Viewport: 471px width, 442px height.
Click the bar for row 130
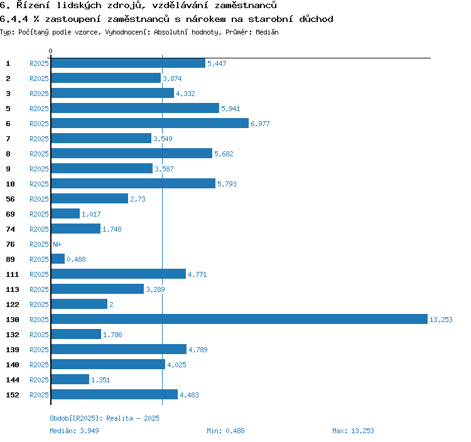[x=239, y=319]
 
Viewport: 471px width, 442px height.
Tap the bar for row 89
[x=58, y=259]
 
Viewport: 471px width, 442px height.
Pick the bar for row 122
[x=79, y=304]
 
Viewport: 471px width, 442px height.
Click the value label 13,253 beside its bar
[x=441, y=320]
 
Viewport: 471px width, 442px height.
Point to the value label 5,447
[x=216, y=63]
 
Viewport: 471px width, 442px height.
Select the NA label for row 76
[x=57, y=244]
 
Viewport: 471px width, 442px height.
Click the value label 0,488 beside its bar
[x=76, y=259]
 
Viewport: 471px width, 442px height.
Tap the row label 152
[x=13, y=395]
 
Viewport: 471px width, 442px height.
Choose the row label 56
[x=10, y=199]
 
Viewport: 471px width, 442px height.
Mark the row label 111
[x=13, y=274]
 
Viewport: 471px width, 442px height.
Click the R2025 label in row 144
[x=39, y=380]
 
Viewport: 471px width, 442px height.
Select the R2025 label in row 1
[x=39, y=63]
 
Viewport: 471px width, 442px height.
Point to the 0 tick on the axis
[x=51, y=51]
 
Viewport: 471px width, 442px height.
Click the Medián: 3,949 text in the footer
[x=74, y=431]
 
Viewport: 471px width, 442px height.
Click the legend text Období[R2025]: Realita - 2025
[x=104, y=418]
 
